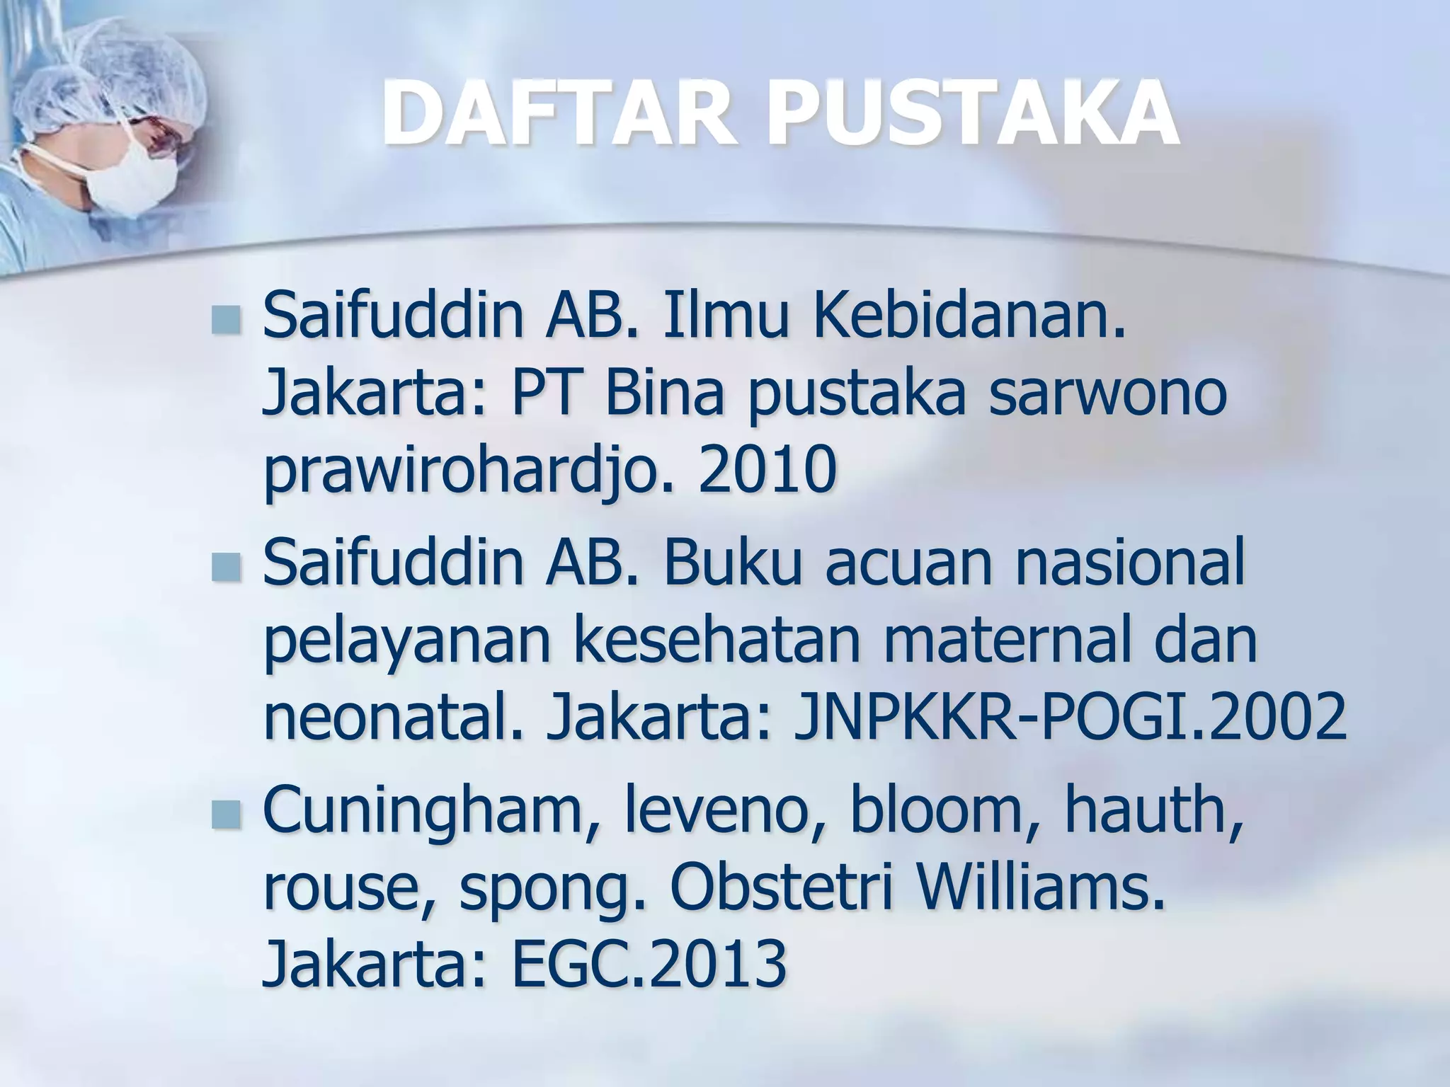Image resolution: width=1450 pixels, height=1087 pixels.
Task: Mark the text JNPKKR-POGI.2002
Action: click(1070, 718)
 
